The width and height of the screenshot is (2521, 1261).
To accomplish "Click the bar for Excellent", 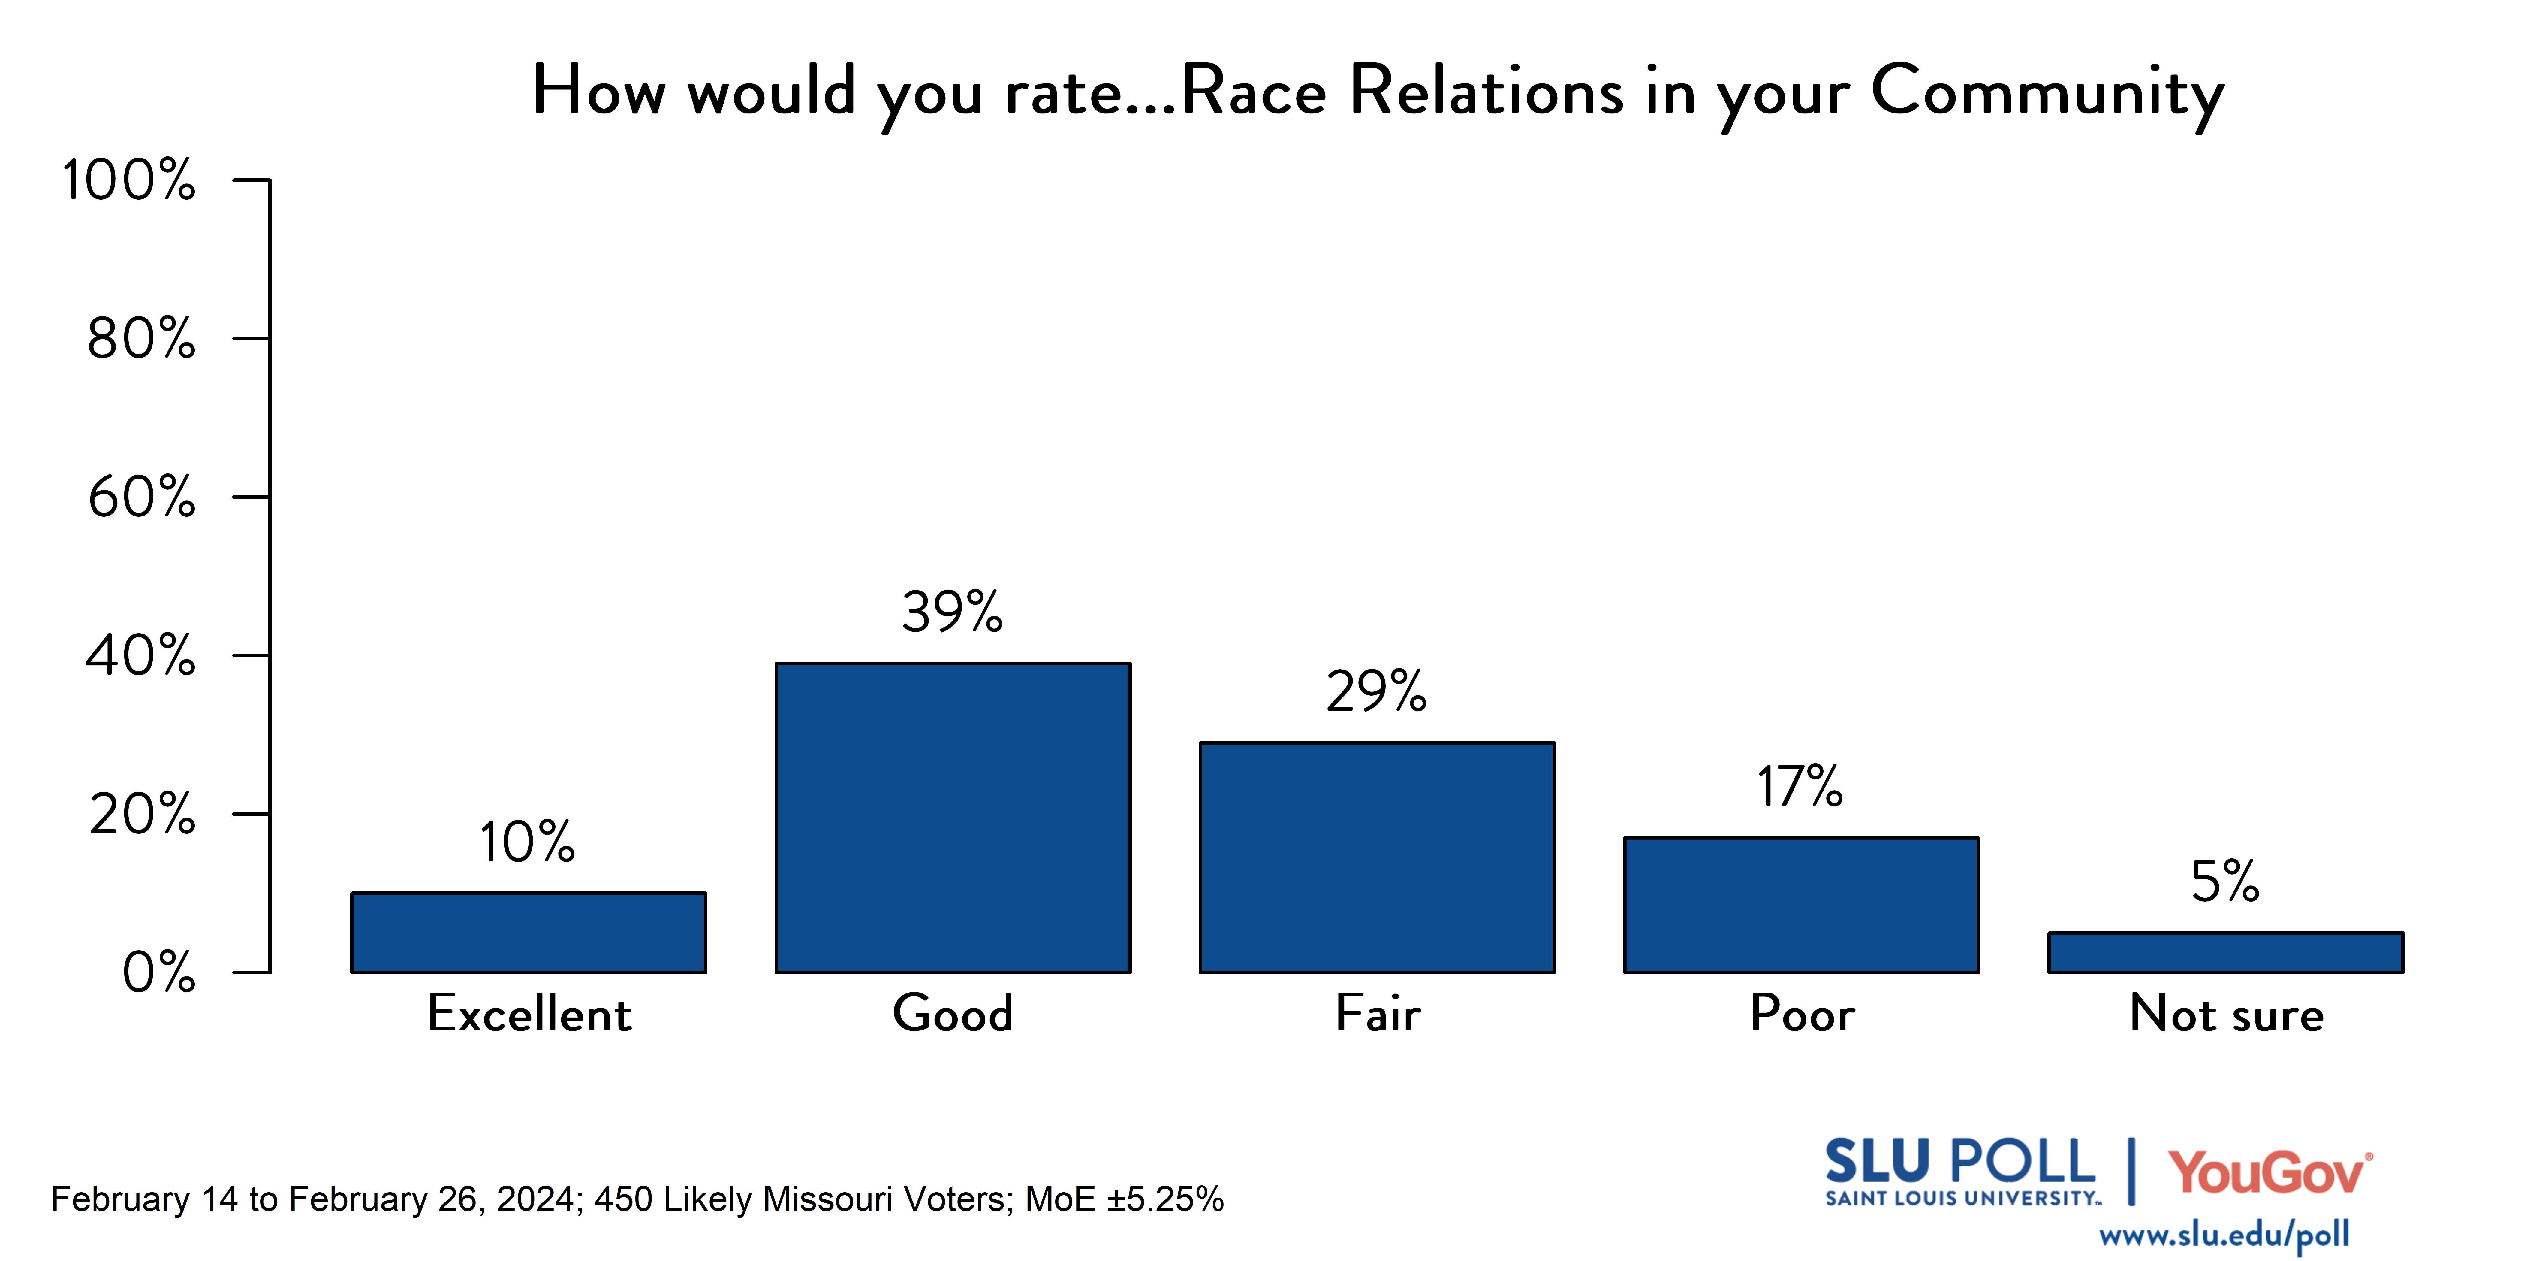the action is pos(529,932).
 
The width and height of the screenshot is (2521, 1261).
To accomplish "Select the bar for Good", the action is pos(953,818).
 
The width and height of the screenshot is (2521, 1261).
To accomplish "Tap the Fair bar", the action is pos(1377,858).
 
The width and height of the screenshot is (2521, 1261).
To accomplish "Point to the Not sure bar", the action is pos(2225,953).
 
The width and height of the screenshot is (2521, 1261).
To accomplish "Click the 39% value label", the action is pos(952,613).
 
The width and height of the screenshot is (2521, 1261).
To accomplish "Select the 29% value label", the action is pos(1376,692).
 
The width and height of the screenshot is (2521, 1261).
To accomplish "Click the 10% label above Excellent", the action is pos(528,842).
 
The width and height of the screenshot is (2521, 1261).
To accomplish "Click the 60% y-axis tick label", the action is pos(142,497).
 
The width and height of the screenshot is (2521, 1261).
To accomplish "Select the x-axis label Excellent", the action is pos(529,1013).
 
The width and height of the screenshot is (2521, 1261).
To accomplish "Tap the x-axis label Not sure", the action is pos(2226,1013).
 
